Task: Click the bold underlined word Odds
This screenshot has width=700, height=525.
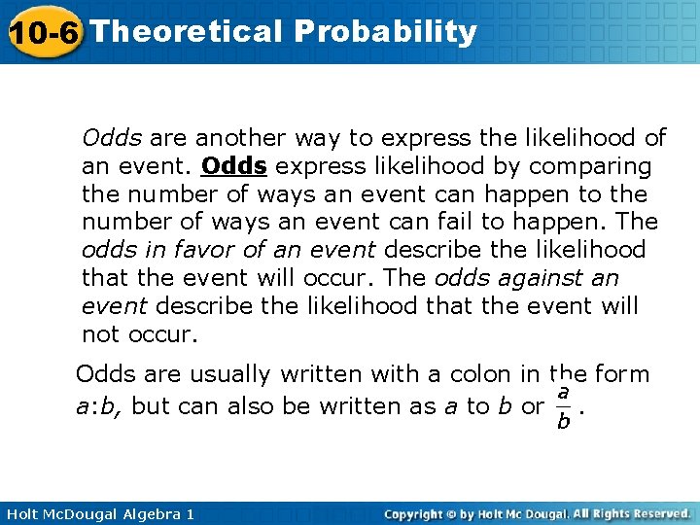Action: [234, 166]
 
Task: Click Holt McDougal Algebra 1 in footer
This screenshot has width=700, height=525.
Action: [98, 513]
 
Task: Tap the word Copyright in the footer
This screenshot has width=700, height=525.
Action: [419, 513]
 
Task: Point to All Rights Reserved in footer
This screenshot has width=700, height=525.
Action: [631, 513]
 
